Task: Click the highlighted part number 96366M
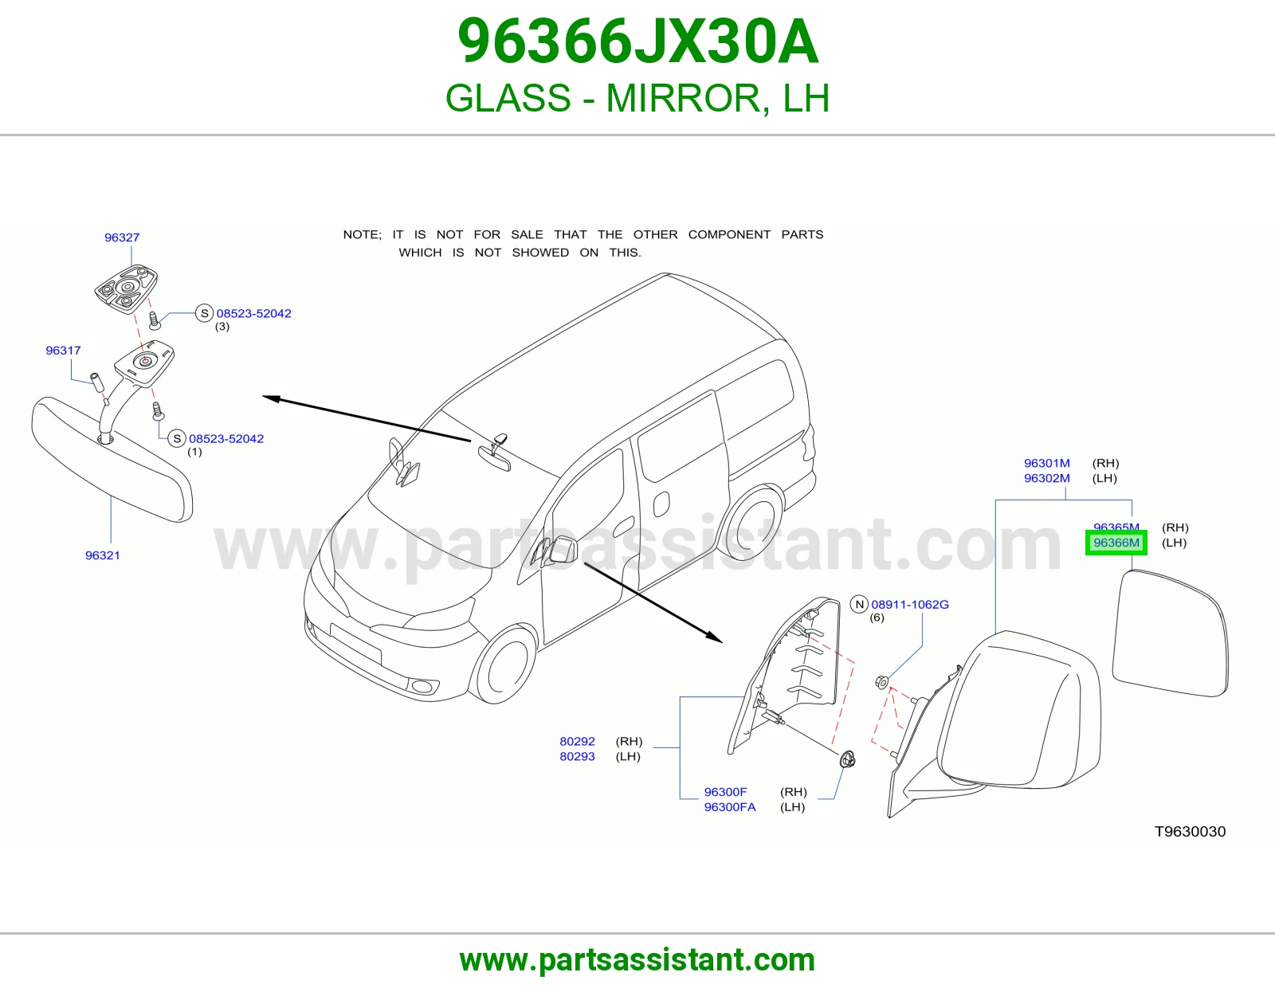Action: coord(1116,543)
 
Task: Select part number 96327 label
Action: coord(122,237)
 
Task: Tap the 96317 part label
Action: coord(64,351)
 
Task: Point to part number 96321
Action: coord(103,555)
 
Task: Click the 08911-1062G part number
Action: coord(909,604)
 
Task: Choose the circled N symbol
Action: coord(860,604)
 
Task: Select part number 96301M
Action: coord(1047,463)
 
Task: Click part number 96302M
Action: coord(1047,478)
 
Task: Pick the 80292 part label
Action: coord(578,741)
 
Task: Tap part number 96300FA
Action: coord(730,806)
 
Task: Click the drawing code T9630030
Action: coord(1190,831)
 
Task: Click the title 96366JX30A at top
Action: coord(637,42)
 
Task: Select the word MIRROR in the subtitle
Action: coord(684,98)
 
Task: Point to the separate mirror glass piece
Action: coord(1171,633)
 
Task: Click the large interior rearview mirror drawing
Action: coord(112,460)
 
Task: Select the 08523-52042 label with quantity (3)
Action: coord(253,313)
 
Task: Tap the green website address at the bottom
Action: coord(637,960)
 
